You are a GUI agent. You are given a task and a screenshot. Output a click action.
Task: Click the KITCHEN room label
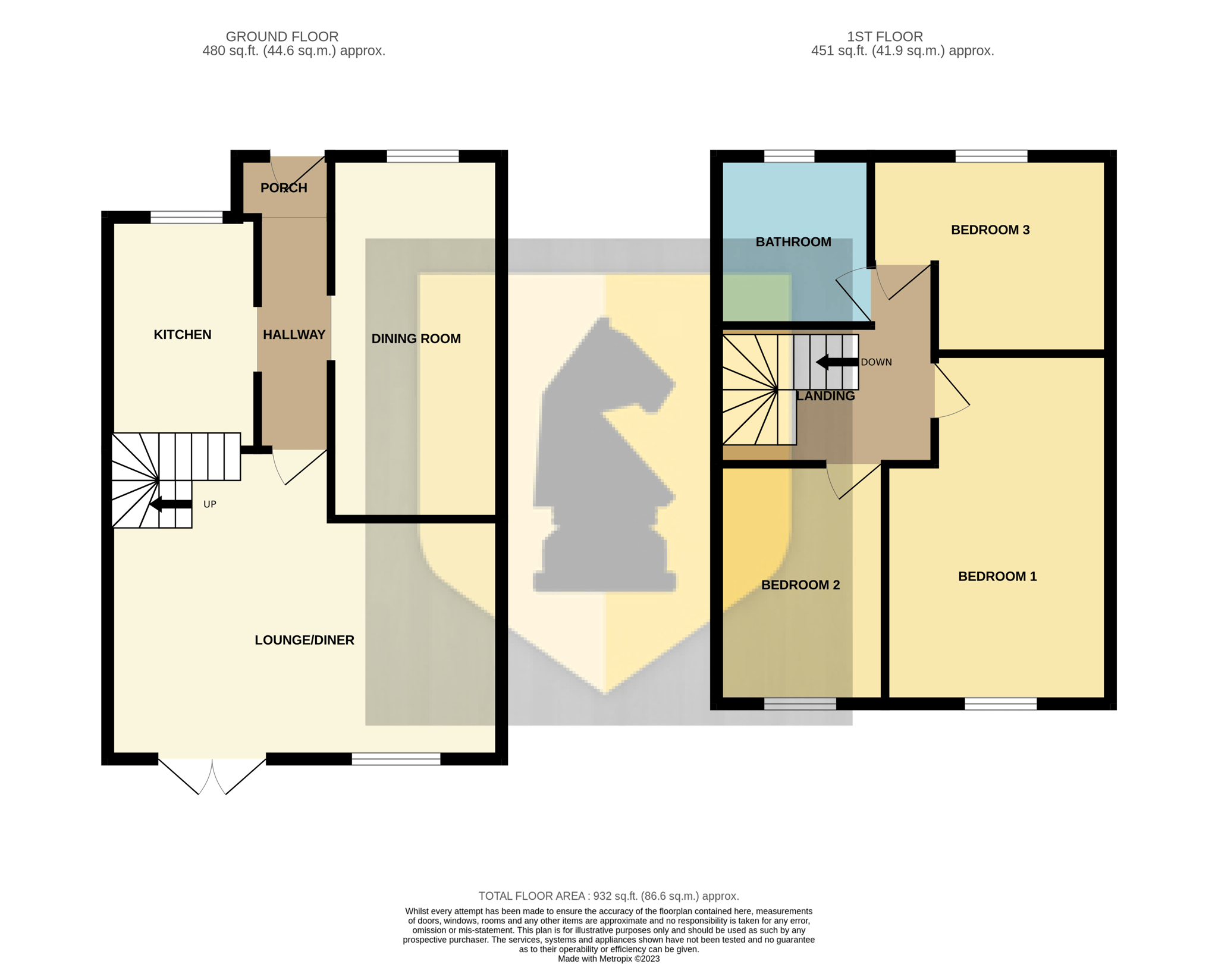pyautogui.click(x=183, y=335)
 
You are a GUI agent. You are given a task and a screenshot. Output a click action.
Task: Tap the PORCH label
pyautogui.click(x=284, y=188)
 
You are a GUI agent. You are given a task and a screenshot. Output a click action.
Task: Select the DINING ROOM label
pyautogui.click(x=416, y=339)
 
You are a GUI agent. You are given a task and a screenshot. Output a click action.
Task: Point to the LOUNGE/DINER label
pyautogui.click(x=304, y=640)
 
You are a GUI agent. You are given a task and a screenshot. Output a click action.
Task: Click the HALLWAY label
pyautogui.click(x=294, y=335)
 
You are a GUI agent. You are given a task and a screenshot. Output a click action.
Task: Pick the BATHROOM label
pyautogui.click(x=793, y=242)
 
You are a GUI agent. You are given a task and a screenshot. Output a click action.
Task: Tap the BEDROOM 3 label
pyautogui.click(x=990, y=230)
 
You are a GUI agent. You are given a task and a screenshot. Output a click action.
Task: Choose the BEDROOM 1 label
pyautogui.click(x=997, y=576)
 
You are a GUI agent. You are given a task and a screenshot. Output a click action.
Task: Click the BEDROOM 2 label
pyautogui.click(x=801, y=585)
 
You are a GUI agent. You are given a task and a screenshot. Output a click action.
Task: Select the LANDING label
pyautogui.click(x=825, y=396)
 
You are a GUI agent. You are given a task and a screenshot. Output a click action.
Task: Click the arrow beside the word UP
pyautogui.click(x=171, y=504)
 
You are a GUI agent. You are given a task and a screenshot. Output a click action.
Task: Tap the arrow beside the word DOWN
pyautogui.click(x=837, y=362)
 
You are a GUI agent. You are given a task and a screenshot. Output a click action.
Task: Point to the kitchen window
pyautogui.click(x=187, y=217)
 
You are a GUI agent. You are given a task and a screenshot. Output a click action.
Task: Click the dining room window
pyautogui.click(x=423, y=156)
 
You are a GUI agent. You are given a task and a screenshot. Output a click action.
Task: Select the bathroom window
pyautogui.click(x=789, y=156)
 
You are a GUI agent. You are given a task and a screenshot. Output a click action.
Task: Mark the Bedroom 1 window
pyautogui.click(x=1000, y=704)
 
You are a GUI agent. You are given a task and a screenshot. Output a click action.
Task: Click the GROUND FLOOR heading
pyautogui.click(x=282, y=36)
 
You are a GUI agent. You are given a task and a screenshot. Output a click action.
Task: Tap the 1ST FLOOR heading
pyautogui.click(x=885, y=36)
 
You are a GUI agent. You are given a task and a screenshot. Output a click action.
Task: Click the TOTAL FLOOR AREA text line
pyautogui.click(x=609, y=896)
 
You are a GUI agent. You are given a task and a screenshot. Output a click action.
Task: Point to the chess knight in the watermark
pyautogui.click(x=605, y=455)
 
